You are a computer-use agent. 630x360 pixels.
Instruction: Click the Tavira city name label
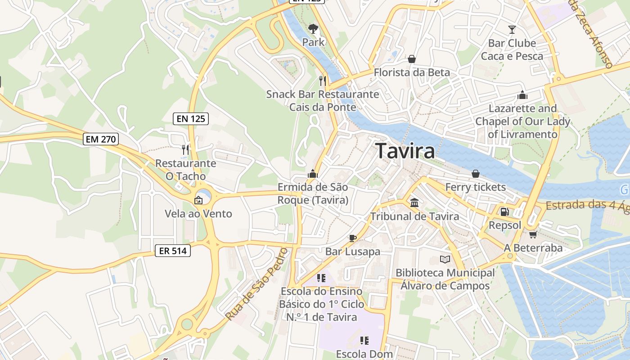click(405, 151)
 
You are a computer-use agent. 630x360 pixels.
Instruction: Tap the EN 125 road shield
click(191, 119)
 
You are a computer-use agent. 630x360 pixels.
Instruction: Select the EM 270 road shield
click(101, 139)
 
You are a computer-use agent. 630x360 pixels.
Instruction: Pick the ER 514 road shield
click(173, 251)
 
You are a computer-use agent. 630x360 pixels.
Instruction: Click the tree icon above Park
click(313, 29)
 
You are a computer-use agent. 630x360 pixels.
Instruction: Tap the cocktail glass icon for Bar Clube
click(512, 30)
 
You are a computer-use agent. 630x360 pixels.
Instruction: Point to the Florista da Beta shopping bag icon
click(411, 59)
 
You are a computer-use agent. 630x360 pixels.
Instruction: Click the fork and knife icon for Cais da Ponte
click(322, 81)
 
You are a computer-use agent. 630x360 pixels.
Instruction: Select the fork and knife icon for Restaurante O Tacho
click(185, 149)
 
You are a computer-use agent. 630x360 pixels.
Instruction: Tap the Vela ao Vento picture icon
click(198, 200)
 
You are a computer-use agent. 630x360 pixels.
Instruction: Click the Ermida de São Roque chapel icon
click(313, 173)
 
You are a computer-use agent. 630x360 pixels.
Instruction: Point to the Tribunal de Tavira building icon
click(414, 203)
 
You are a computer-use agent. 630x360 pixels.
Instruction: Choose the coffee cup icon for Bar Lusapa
click(353, 238)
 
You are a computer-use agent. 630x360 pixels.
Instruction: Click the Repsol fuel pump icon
click(505, 211)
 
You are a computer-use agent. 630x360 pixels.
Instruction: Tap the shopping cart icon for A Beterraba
click(533, 234)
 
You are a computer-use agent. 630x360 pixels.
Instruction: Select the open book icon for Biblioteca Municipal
click(445, 259)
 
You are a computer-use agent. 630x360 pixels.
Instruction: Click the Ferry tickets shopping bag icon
click(476, 174)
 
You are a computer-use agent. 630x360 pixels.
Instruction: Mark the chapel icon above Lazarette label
click(522, 95)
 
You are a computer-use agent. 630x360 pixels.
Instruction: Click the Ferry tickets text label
click(476, 187)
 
